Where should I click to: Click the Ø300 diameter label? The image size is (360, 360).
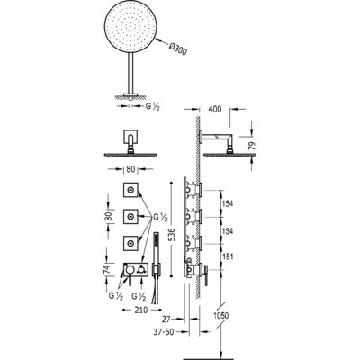(x=177, y=49)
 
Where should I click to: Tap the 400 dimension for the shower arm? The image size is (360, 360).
(x=214, y=109)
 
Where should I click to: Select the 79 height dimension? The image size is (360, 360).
(x=253, y=146)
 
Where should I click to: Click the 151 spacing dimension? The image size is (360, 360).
(x=228, y=256)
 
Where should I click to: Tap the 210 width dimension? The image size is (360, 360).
(x=140, y=310)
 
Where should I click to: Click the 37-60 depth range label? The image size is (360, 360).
(x=164, y=332)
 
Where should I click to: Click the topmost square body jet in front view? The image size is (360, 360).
(x=130, y=190)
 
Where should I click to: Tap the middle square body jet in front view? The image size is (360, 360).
(x=130, y=217)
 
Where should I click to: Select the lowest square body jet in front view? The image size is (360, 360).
(x=130, y=244)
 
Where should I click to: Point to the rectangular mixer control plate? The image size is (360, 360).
(x=135, y=270)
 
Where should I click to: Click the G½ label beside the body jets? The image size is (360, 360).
(x=160, y=218)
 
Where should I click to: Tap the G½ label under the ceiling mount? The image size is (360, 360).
(x=153, y=106)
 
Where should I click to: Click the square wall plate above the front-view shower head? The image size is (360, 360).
(x=130, y=137)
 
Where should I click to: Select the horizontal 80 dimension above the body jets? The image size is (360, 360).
(x=130, y=169)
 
